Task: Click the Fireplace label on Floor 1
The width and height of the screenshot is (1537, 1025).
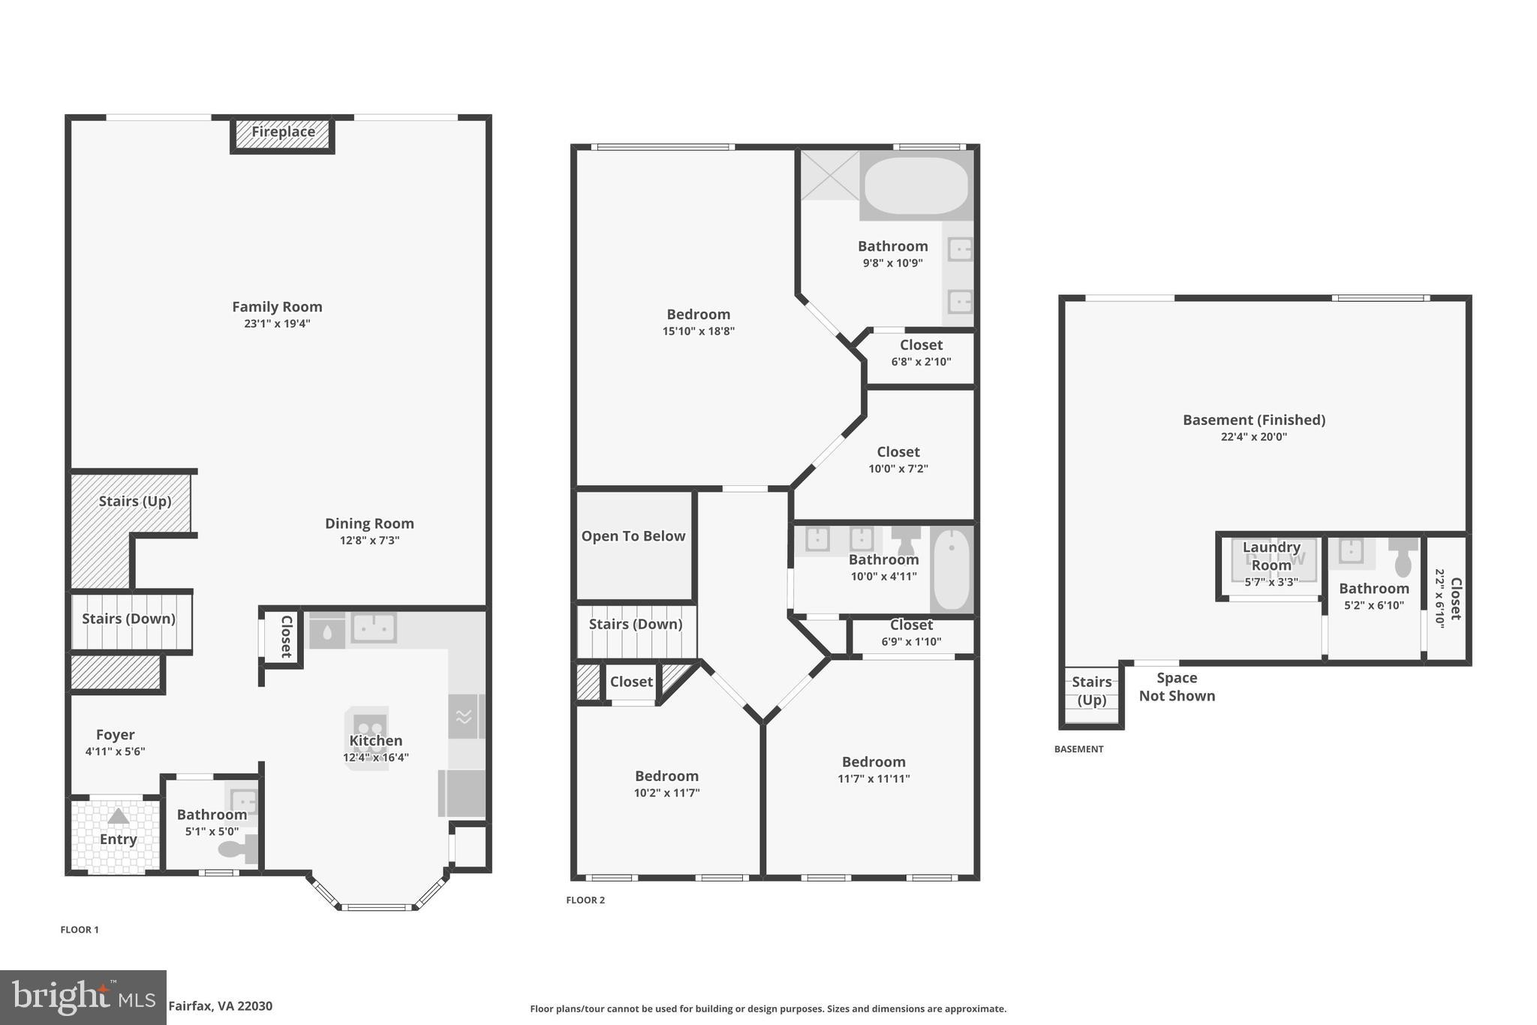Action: pyautogui.click(x=282, y=132)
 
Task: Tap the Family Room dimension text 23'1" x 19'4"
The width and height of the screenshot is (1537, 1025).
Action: pyautogui.click(x=277, y=324)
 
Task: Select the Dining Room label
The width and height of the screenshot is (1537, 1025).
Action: pyautogui.click(x=369, y=523)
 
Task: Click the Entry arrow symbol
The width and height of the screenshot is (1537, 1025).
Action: pyautogui.click(x=118, y=816)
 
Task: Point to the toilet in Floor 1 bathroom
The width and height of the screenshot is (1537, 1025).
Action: pyautogui.click(x=239, y=849)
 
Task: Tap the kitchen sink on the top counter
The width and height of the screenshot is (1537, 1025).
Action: pyautogui.click(x=374, y=628)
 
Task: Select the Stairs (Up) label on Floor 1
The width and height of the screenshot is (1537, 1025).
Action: pyautogui.click(x=135, y=501)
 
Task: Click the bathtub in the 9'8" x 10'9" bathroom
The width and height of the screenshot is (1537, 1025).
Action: pyautogui.click(x=916, y=185)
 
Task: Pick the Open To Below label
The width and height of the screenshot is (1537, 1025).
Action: pyautogui.click(x=633, y=536)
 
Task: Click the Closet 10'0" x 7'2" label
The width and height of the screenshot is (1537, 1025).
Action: pyautogui.click(x=898, y=452)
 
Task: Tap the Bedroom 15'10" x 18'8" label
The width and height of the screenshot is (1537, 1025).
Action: pyautogui.click(x=698, y=315)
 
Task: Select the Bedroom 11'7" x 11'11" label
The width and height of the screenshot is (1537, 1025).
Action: pyautogui.click(x=874, y=762)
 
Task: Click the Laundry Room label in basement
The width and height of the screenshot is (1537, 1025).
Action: pyautogui.click(x=1271, y=556)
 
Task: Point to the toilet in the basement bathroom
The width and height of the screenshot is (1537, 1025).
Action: pyautogui.click(x=1402, y=556)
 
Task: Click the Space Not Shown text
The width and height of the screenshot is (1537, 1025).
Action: pyautogui.click(x=1176, y=687)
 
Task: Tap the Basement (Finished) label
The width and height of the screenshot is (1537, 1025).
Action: pyautogui.click(x=1253, y=421)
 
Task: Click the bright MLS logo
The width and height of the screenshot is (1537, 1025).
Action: pyautogui.click(x=83, y=998)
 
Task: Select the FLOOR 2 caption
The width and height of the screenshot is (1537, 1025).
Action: pyautogui.click(x=585, y=900)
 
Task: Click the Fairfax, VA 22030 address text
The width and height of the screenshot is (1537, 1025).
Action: pyautogui.click(x=220, y=1006)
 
